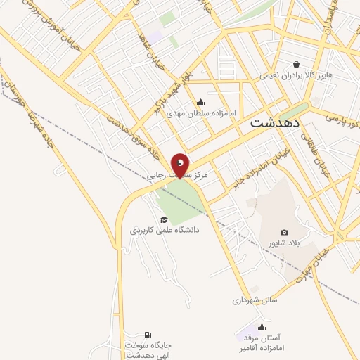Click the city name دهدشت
(275, 122)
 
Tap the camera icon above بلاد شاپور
(284, 232)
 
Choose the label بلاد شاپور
(281, 243)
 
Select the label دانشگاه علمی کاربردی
(165, 230)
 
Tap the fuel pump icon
(147, 334)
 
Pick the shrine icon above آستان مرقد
(262, 327)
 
